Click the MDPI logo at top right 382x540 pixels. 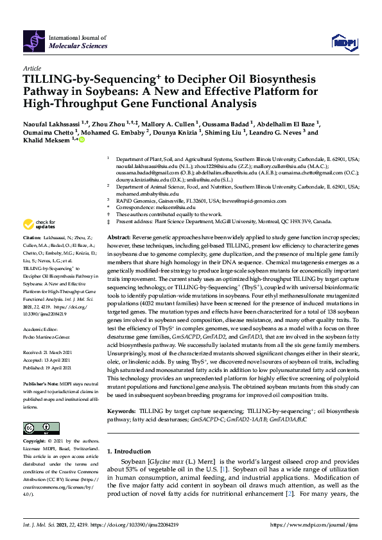[x=342, y=42]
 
